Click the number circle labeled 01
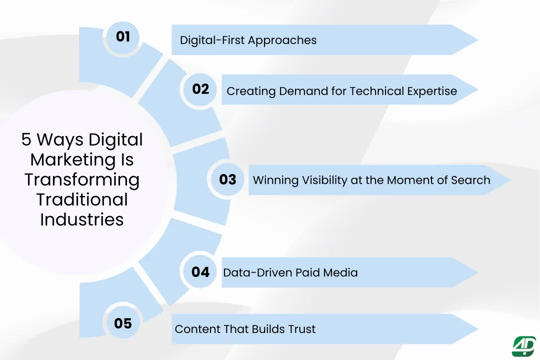coord(123,37)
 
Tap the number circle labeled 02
coord(200,89)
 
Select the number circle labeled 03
coord(227,179)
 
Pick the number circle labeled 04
coord(200,272)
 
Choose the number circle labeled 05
coord(123,323)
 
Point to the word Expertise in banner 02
coord(430,91)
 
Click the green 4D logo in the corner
coord(523,346)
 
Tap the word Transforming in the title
coord(82,179)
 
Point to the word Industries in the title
coord(82,219)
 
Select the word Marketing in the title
coord(82,159)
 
